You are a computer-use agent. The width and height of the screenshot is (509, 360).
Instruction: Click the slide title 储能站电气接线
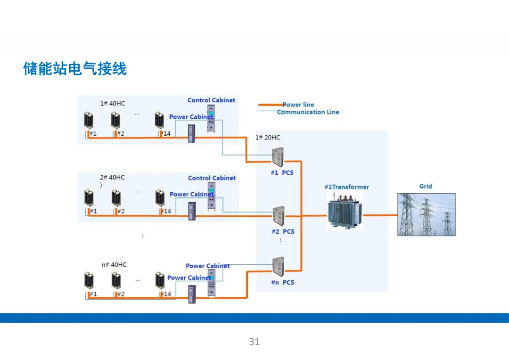point(75,69)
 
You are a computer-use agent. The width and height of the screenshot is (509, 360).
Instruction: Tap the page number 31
point(254,342)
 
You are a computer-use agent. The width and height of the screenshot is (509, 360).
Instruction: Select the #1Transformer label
point(346,187)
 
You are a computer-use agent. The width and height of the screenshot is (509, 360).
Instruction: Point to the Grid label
point(426,186)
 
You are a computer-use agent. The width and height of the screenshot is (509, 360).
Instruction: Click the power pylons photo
point(426,214)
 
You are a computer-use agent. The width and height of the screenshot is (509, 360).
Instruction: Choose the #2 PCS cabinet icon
point(279,216)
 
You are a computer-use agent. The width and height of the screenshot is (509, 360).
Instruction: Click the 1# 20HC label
point(267,138)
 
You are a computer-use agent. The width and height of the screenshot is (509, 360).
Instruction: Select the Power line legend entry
point(298,105)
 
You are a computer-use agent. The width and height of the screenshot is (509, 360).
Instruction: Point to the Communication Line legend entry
point(308,112)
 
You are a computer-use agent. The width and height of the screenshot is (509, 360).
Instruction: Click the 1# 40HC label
point(113,103)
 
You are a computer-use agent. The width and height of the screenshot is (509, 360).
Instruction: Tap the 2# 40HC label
point(112,178)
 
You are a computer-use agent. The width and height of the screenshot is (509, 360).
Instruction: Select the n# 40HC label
point(114,265)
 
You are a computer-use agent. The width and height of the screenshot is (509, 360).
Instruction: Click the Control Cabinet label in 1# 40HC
point(211,100)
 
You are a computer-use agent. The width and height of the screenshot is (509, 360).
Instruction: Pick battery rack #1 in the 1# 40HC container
point(89,121)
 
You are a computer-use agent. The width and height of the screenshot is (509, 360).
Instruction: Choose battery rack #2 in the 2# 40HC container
point(116,198)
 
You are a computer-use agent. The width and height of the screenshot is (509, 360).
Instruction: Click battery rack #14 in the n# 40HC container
point(160,281)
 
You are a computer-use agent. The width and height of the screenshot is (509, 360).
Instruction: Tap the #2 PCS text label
point(283,231)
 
